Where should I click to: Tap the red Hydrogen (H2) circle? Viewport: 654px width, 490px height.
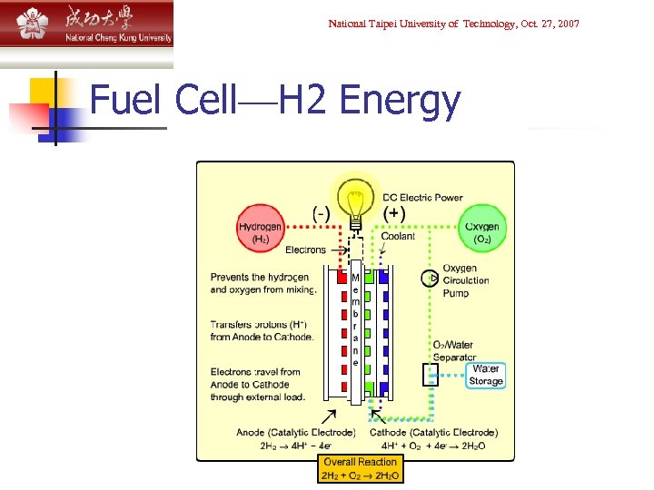pos(260,232)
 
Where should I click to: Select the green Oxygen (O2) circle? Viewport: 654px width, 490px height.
pos(481,232)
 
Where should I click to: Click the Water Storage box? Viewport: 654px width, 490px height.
pos(486,375)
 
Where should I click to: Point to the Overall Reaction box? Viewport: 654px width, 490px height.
pos(360,468)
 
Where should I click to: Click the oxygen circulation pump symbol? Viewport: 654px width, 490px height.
pos(430,279)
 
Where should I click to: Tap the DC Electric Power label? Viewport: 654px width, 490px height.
pos(422,197)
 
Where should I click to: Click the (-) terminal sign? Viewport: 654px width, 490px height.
pos(321,214)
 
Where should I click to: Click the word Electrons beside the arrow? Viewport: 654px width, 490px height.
pos(305,250)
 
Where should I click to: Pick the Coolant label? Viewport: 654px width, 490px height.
pos(398,237)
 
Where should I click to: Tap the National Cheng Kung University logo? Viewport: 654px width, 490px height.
pos(86,24)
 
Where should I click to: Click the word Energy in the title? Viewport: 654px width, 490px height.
pos(400,101)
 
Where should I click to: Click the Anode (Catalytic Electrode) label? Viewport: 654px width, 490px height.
pos(282,433)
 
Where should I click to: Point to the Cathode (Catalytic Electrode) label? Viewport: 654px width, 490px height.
pos(433,433)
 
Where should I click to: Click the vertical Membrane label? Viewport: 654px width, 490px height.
pos(355,318)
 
